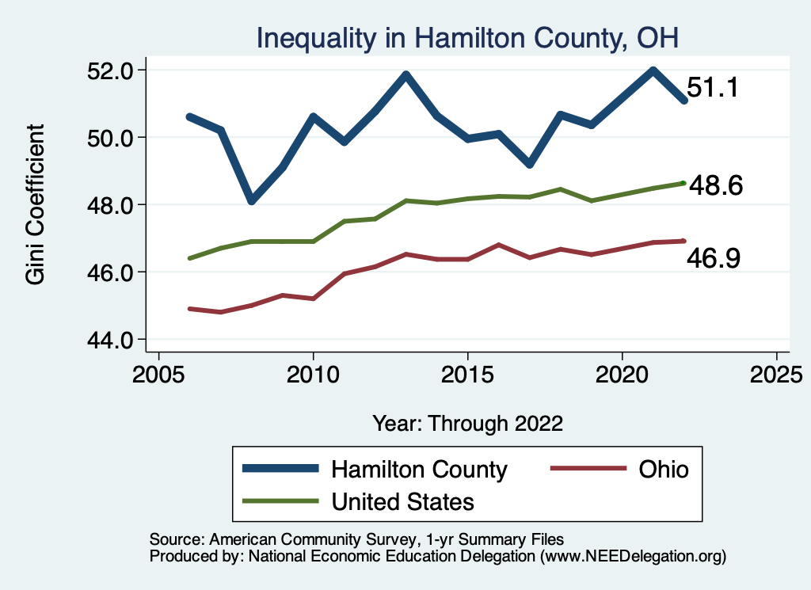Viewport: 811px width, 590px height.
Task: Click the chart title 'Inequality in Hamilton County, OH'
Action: (x=467, y=37)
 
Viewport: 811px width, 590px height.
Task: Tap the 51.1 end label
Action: (x=713, y=87)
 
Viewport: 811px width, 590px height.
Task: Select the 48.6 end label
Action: (x=715, y=186)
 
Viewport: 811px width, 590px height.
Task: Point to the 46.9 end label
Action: (x=714, y=257)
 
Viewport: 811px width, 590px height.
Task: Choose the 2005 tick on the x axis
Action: (x=158, y=373)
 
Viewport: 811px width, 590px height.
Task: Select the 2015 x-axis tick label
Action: (x=467, y=373)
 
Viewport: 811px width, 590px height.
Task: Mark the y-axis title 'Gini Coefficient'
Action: (x=36, y=204)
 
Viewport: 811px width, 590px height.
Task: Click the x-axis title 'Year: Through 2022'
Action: (x=467, y=424)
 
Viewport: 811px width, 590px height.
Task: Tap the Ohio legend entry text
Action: (x=663, y=469)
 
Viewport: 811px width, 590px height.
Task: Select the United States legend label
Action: (x=402, y=501)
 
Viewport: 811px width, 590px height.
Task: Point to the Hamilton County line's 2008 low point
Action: (x=252, y=200)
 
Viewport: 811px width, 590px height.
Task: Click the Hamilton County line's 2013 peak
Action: (x=406, y=75)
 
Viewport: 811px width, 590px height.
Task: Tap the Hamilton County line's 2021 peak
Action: (x=653, y=70)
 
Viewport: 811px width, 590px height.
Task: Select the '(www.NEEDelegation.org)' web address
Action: (x=633, y=556)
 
